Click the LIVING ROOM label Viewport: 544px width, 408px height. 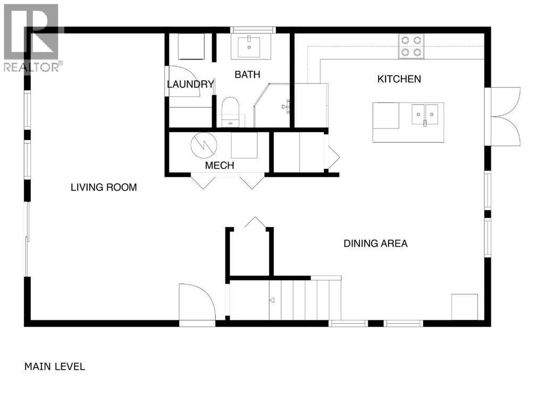point(104,187)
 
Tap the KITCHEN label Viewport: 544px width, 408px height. point(399,79)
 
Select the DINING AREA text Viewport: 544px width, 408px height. point(375,244)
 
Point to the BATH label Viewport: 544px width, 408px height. point(247,75)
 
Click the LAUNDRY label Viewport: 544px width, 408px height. point(190,84)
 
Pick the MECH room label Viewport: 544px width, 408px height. point(220,166)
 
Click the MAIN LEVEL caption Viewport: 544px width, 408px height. point(55,367)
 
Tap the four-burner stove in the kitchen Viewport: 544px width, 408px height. point(412,46)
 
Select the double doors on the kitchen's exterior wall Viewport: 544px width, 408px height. point(506,115)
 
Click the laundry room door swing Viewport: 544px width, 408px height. point(183,81)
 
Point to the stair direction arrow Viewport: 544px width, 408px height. point(272,301)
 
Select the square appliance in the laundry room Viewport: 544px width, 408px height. point(191,47)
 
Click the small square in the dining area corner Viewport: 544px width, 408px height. point(461,306)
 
